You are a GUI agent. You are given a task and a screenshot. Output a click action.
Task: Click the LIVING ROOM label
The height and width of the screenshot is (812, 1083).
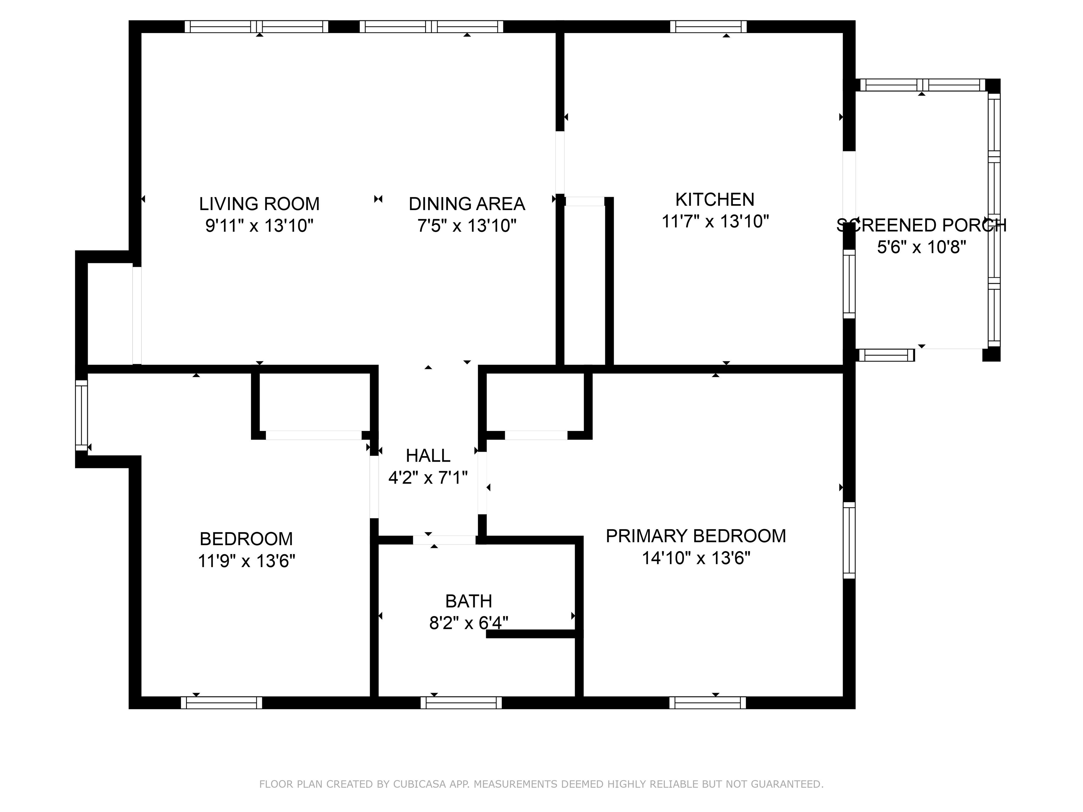pos(259,204)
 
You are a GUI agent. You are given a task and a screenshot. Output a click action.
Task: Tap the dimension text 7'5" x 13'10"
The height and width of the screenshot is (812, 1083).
pos(467,226)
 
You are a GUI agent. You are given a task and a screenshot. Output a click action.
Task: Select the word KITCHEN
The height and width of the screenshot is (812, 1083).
pos(715,200)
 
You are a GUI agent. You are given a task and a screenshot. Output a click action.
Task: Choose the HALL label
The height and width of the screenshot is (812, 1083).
pos(428,456)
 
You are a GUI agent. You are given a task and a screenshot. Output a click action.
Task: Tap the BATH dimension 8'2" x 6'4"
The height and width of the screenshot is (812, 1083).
pos(469,623)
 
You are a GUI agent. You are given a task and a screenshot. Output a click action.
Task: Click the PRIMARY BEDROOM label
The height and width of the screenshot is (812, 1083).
pos(696,536)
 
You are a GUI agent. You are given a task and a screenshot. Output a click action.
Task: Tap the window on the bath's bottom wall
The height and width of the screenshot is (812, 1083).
pos(461,703)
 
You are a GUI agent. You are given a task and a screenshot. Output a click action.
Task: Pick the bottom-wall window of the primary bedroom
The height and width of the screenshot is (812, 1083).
pos(708,703)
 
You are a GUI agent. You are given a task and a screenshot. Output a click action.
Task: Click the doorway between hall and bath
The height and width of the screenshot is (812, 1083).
pos(444,540)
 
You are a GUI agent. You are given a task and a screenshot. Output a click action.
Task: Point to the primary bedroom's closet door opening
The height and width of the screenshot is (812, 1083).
pos(536,435)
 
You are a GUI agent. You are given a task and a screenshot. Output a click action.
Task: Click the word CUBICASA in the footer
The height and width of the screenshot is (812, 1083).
pos(419,784)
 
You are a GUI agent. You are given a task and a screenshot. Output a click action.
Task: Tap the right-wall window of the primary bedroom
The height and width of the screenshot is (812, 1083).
pos(849,540)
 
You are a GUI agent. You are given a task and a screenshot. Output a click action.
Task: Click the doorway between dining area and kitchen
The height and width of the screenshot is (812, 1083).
pos(559,161)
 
